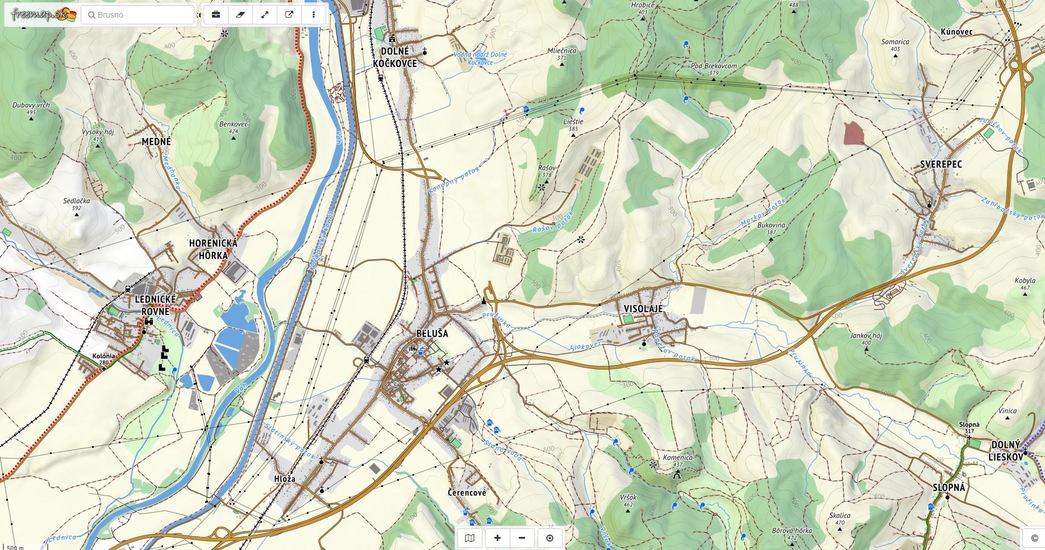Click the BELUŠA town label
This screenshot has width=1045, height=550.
point(432,333)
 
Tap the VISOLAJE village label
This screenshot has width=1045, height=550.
point(643,308)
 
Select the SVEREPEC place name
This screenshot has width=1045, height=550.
point(940,165)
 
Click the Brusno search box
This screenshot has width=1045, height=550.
point(138,15)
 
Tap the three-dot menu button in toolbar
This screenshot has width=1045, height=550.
point(313,15)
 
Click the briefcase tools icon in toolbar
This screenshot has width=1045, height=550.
point(216,15)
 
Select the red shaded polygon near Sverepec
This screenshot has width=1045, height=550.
point(854,133)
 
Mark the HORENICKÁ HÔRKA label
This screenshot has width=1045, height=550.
point(213,249)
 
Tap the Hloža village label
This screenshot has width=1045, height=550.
point(285,478)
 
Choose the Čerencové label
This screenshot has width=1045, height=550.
point(467,493)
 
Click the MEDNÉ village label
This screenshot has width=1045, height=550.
point(156,141)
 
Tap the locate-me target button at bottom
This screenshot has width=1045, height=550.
point(549,538)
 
